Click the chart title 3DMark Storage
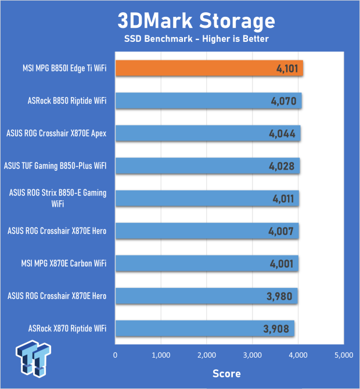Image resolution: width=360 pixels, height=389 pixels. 196,21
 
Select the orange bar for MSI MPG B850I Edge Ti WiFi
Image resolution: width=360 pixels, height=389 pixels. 209,69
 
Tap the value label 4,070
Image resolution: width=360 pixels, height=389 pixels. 283,101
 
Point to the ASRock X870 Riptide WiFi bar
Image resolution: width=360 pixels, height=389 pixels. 204,329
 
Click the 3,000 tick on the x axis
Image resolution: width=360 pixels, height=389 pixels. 253,354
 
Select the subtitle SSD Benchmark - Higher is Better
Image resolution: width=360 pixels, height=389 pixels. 196,39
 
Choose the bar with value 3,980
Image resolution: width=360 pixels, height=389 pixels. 206,296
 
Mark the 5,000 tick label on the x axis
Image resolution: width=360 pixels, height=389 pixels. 344,354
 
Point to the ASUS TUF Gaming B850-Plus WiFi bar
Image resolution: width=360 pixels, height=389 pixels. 208,166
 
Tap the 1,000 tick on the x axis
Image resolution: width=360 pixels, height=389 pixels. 161,354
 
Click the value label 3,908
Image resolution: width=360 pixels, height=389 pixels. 276,329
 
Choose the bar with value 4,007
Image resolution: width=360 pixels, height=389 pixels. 207,231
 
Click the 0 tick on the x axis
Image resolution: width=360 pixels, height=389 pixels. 116,354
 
